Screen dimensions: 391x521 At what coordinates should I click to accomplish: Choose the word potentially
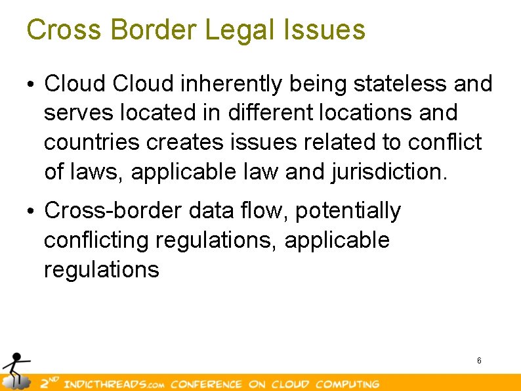[x=348, y=211]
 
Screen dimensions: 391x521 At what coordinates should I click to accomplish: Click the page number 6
[x=479, y=360]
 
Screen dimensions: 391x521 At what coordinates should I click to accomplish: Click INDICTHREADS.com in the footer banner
[x=112, y=384]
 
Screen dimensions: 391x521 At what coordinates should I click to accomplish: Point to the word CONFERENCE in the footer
[x=206, y=384]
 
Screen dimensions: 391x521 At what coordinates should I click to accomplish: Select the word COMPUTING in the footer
[x=347, y=384]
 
